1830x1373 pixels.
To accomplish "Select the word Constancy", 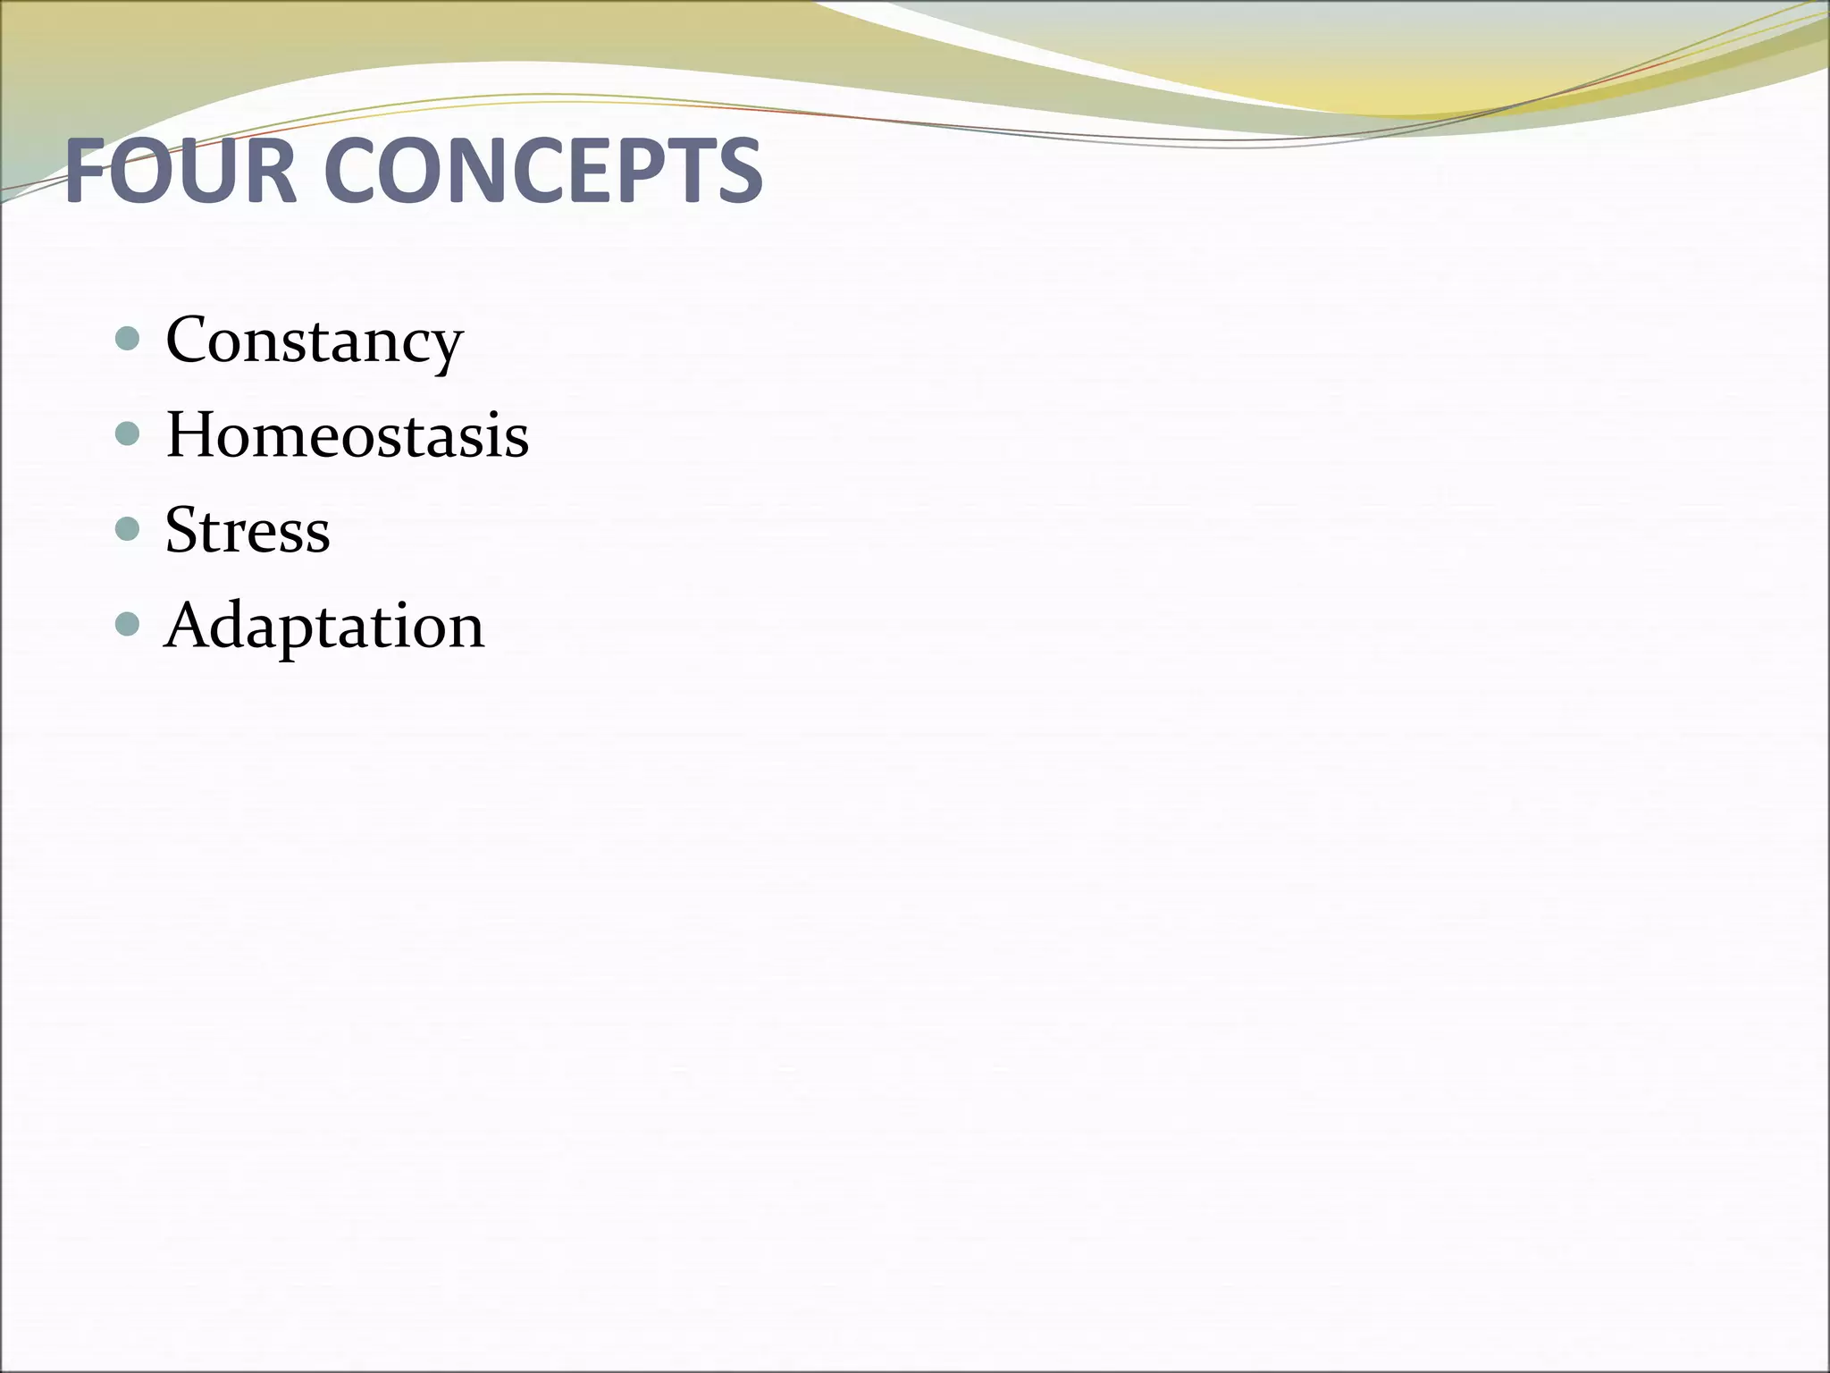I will coord(314,341).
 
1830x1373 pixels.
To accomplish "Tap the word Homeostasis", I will coord(347,435).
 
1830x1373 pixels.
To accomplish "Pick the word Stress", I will coord(248,530).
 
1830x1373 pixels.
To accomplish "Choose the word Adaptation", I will coord(324,625).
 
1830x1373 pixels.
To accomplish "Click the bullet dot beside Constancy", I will coord(129,339).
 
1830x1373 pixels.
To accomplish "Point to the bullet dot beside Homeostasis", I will coord(129,434).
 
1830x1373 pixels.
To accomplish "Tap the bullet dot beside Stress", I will coord(129,529).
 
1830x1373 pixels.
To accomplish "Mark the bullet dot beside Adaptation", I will coord(129,624).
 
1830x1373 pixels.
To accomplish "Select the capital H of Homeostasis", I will coord(190,435).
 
